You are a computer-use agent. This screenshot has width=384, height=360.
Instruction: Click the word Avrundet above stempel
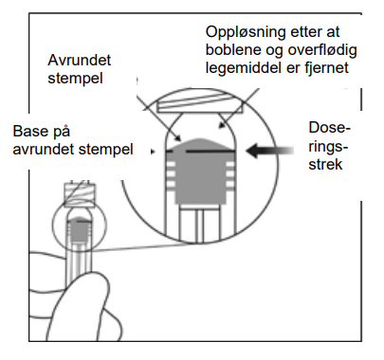[80, 60]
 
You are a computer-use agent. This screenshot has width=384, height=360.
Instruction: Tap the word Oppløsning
[246, 32]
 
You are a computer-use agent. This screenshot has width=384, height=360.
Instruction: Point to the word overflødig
[322, 50]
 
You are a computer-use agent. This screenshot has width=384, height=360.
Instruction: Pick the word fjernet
[327, 68]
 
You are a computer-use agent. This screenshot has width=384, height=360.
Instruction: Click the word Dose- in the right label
[330, 128]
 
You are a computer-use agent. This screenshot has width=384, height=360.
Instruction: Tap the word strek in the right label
[325, 164]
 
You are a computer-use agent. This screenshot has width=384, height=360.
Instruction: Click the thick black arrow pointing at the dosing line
[269, 151]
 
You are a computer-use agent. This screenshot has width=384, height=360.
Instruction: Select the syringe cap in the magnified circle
[200, 104]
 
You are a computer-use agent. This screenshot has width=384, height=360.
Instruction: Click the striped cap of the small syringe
[80, 193]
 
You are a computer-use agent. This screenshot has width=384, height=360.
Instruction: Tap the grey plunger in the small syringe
[80, 229]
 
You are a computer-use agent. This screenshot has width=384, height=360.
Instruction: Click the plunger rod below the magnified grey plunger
[200, 224]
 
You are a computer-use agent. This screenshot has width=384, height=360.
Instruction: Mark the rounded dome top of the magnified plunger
[201, 145]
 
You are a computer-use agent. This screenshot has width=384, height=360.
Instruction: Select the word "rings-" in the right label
[328, 147]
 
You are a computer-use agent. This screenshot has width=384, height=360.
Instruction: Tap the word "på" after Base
[61, 133]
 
